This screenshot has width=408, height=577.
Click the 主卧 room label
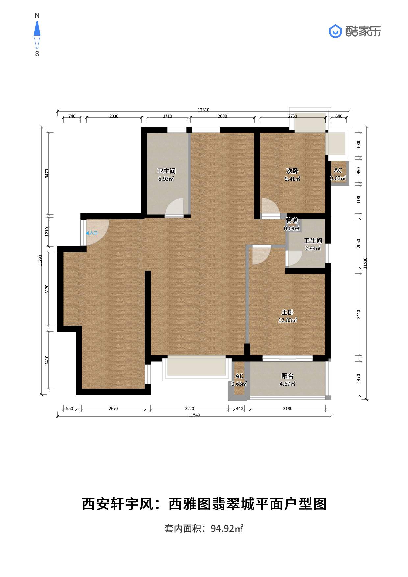pyautogui.click(x=287, y=312)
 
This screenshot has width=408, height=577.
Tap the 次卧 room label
pyautogui.click(x=292, y=171)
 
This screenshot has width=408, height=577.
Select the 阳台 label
pyautogui.click(x=287, y=376)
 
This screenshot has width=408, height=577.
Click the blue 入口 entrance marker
pyautogui.click(x=92, y=233)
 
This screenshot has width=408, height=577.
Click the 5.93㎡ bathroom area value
pyautogui.click(x=166, y=179)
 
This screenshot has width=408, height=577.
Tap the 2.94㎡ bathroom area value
pyautogui.click(x=313, y=249)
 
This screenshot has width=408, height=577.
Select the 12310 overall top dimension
pyautogui.click(x=203, y=110)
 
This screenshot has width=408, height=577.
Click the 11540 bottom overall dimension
pyautogui.click(x=194, y=415)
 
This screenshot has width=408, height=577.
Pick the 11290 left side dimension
pyautogui.click(x=40, y=260)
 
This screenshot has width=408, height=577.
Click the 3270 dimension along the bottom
pyautogui.click(x=190, y=409)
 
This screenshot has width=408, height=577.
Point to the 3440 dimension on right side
pyautogui.click(x=359, y=314)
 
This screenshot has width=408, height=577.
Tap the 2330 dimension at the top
pyautogui.click(x=114, y=116)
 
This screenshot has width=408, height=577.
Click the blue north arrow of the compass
pyautogui.click(x=37, y=29)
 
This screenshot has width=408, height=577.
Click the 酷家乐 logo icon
pyautogui.click(x=335, y=31)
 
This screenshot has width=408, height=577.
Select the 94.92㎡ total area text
pyautogui.click(x=227, y=528)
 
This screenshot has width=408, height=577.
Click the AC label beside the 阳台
pyautogui.click(x=239, y=376)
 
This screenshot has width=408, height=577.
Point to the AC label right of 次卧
pyautogui.click(x=338, y=170)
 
